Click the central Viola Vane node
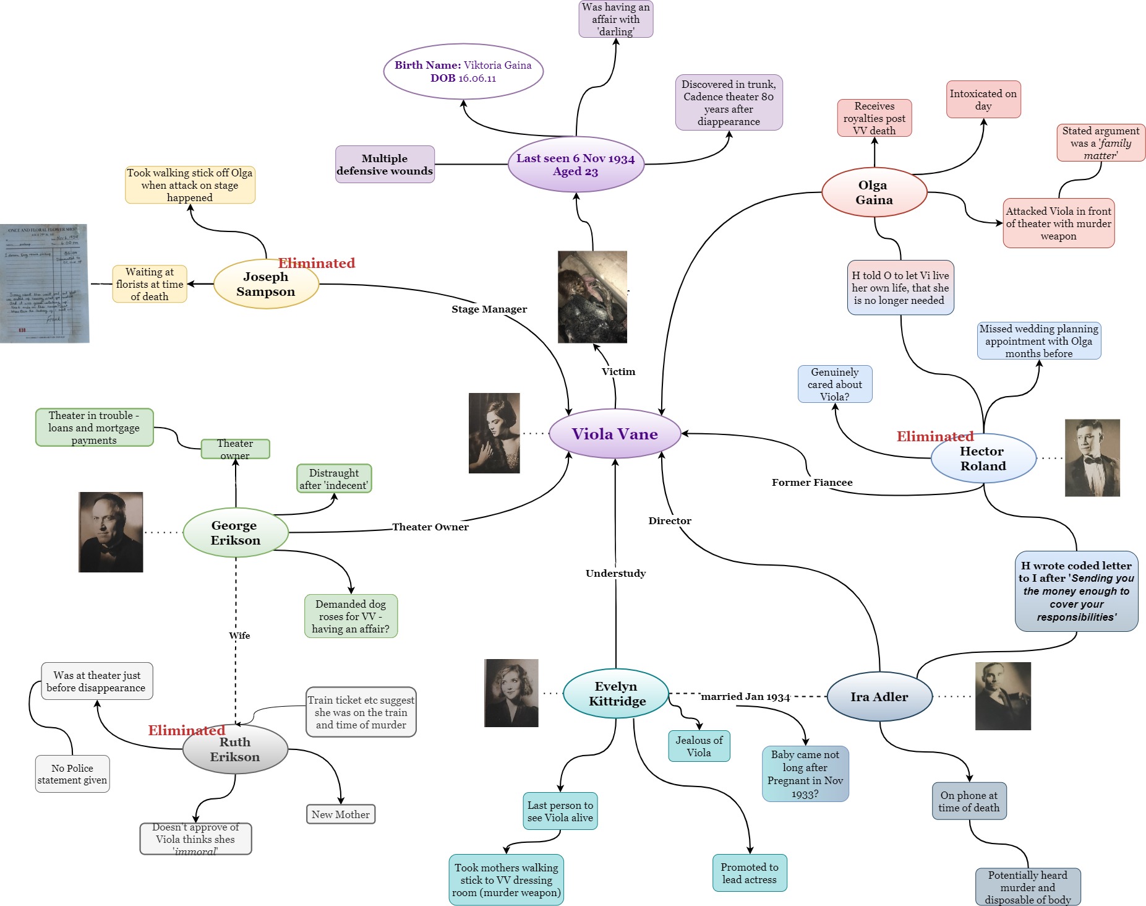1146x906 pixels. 615,434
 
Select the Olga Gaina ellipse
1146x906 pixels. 874,192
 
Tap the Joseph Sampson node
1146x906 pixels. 266,284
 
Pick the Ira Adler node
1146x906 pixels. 879,697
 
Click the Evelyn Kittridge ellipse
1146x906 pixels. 616,694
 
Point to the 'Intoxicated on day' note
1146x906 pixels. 983,100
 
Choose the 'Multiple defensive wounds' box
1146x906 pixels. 385,165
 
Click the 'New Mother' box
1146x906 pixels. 340,814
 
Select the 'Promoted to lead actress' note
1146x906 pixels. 749,873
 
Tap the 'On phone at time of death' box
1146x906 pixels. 969,801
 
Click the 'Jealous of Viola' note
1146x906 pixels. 699,746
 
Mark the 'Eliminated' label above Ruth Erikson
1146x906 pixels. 186,730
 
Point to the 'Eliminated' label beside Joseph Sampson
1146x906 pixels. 317,263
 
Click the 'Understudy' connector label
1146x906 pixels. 615,573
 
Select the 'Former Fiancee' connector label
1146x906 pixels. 812,482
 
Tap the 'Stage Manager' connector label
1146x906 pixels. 489,309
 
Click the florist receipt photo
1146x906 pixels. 45,283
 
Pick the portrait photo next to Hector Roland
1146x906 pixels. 1092,458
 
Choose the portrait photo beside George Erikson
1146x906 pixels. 111,532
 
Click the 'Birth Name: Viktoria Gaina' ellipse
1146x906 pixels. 463,72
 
